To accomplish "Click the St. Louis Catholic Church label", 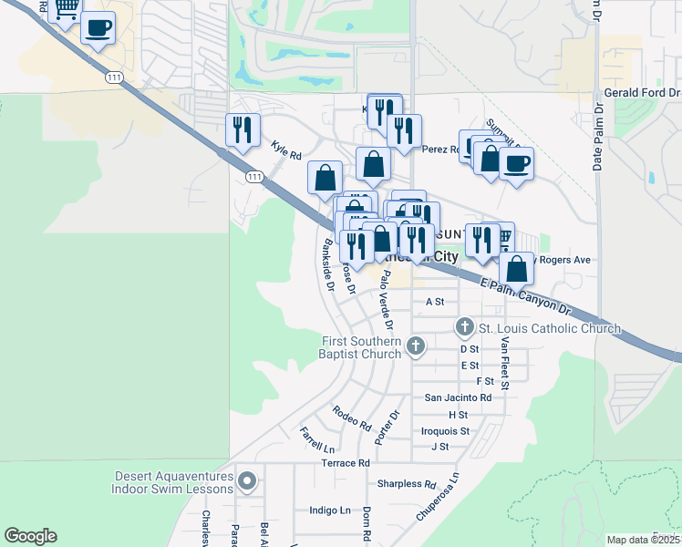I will [x=550, y=328].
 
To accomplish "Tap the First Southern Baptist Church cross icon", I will [x=416, y=346].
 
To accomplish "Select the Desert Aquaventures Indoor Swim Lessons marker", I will [x=246, y=480].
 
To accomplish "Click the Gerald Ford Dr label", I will [x=642, y=93].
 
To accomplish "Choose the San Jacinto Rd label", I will [x=458, y=397].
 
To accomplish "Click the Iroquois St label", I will [x=446, y=430].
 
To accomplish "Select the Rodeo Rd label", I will [x=352, y=418].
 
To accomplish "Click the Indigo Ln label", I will [x=330, y=511].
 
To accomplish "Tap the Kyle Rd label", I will [x=286, y=150].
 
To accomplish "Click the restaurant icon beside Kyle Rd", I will [x=243, y=129].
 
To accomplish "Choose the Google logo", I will [x=30, y=536].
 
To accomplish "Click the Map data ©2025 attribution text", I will [x=643, y=540].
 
